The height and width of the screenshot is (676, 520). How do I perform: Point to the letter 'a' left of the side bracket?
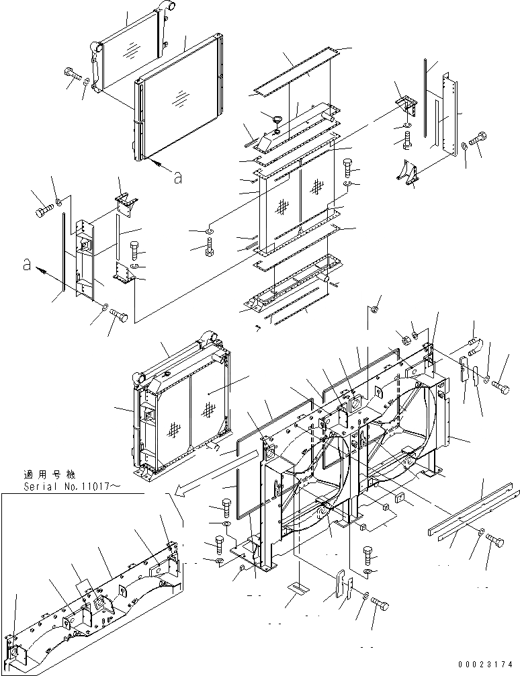28,266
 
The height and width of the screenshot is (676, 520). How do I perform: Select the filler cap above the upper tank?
275,121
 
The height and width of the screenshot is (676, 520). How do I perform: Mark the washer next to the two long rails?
481,533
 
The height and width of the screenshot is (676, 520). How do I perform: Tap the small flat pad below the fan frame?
296,587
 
